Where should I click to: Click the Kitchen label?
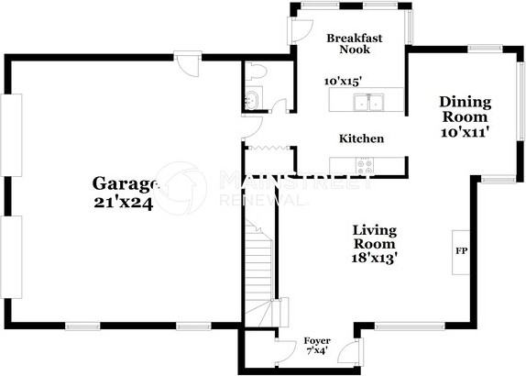coord(361,138)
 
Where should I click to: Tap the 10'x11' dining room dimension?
coord(465,132)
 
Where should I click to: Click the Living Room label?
coord(374,237)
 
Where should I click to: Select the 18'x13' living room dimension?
coord(374,259)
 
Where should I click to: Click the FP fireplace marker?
coord(460,249)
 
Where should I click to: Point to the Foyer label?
coord(317,341)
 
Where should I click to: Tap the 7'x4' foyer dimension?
coord(317,351)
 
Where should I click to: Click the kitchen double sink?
coord(371,103)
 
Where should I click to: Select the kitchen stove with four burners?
coord(367,165)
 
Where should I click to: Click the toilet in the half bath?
coord(255,72)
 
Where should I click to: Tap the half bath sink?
coord(251,100)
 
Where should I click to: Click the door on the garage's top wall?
coord(189,66)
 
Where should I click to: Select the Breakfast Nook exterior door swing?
coord(302,28)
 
